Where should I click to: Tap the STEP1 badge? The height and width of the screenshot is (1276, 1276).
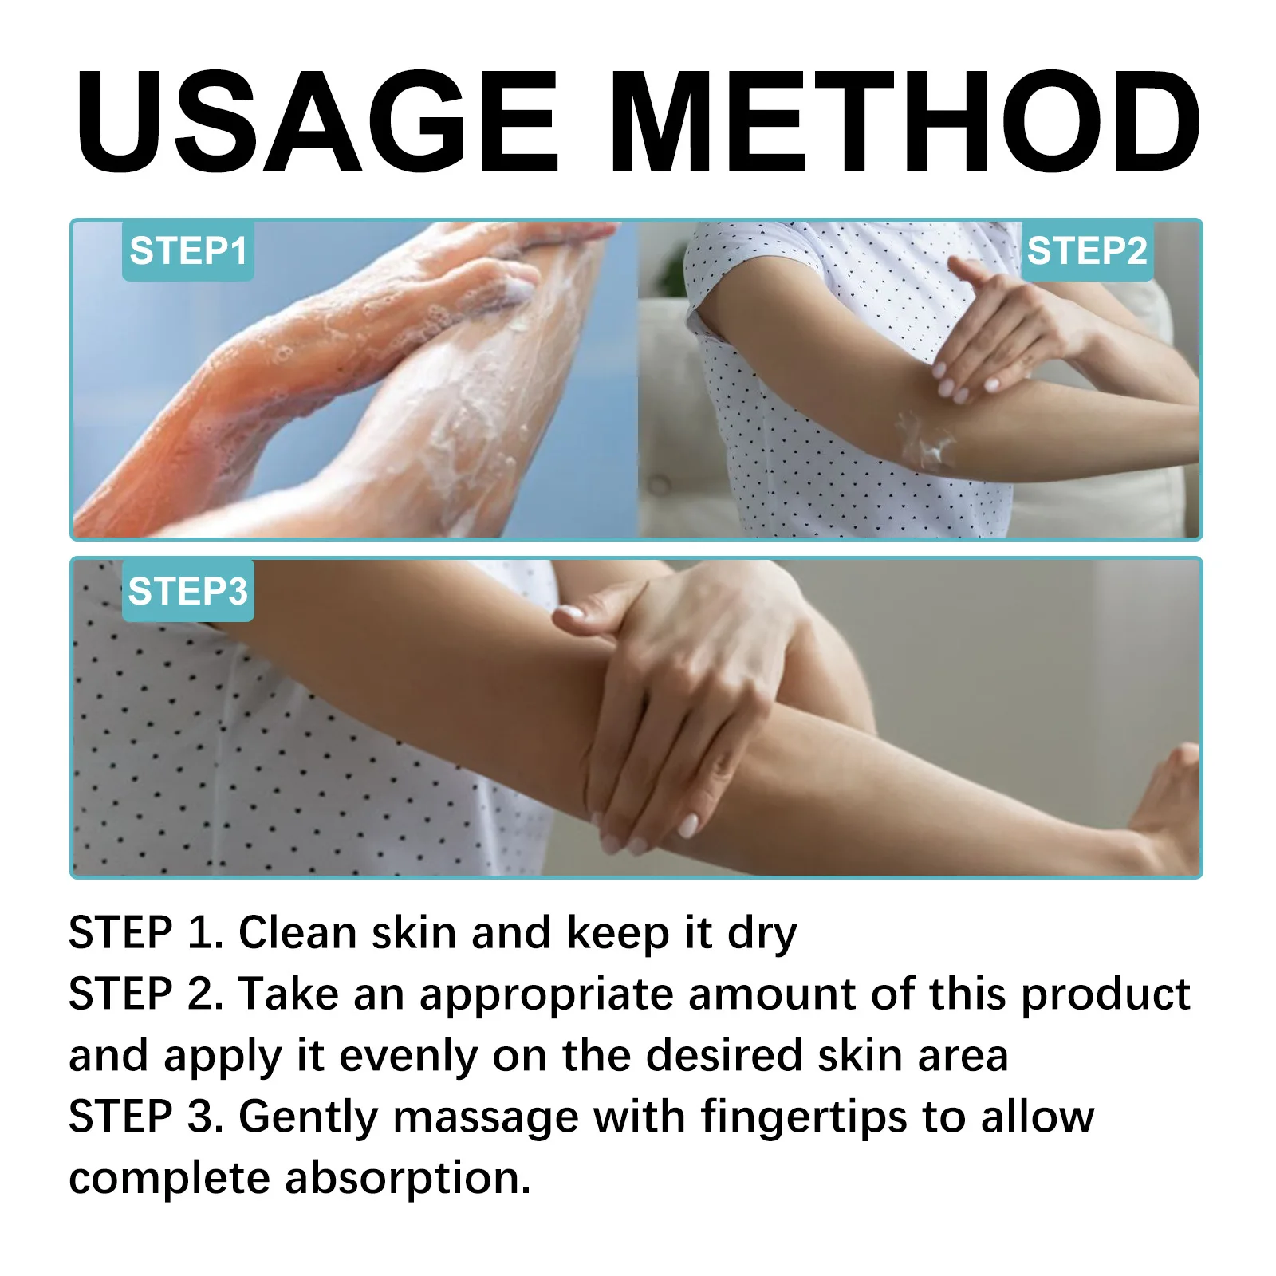(188, 251)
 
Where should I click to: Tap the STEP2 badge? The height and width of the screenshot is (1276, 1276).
(1086, 251)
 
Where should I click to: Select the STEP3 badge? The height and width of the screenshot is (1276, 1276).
(188, 592)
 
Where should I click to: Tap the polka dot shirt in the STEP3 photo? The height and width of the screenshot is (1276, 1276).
(239, 758)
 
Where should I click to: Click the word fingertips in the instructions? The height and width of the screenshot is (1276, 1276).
(804, 1117)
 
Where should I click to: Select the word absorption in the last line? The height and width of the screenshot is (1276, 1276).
(408, 1179)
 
